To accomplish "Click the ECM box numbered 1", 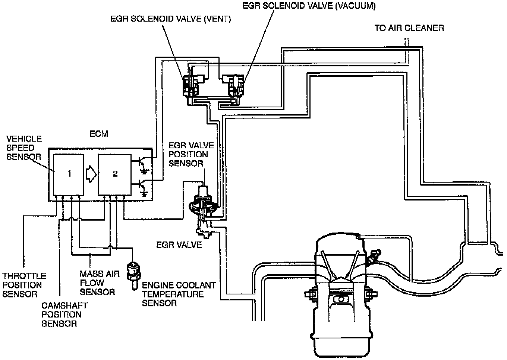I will click(69, 174).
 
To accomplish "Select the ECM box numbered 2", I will click(114, 174).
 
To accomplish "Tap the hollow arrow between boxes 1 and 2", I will click(91, 174).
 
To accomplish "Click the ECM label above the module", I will click(99, 134).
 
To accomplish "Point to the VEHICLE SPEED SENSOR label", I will click(24, 148).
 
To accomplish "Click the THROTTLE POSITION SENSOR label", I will click(24, 285).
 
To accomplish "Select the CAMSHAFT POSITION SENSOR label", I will click(64, 315).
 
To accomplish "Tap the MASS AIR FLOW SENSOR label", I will click(99, 283).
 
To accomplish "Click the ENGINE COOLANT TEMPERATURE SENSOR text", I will click(179, 294).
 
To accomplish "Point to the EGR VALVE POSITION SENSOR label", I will click(188, 154).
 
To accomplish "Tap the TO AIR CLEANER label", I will click(409, 28).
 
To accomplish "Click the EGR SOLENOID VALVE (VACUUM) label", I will click(309, 6).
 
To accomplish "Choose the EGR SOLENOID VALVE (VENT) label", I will click(171, 19).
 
